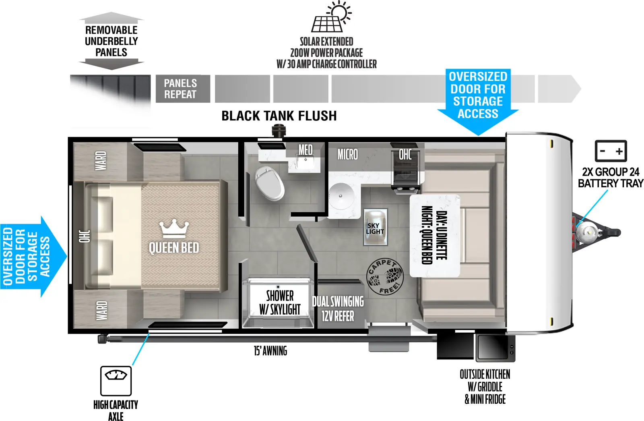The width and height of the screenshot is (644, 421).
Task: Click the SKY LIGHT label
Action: (x=375, y=228)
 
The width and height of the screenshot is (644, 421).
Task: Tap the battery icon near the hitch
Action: (x=611, y=151)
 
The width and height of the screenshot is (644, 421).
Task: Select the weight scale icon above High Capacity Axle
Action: (x=116, y=380)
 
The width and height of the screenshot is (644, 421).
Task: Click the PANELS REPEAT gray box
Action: (x=182, y=89)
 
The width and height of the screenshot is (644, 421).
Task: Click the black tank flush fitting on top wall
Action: (x=279, y=131)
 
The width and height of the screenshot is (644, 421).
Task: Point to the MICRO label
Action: (x=347, y=154)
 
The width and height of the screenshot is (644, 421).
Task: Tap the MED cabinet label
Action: (x=305, y=150)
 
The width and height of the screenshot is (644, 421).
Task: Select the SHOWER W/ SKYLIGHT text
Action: (x=280, y=303)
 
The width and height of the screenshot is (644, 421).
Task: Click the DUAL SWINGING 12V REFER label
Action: (x=338, y=309)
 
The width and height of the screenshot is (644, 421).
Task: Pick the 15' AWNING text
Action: (x=270, y=351)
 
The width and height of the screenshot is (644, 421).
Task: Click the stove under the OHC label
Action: (x=406, y=177)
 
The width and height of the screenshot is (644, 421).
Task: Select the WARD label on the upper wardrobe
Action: (x=101, y=160)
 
